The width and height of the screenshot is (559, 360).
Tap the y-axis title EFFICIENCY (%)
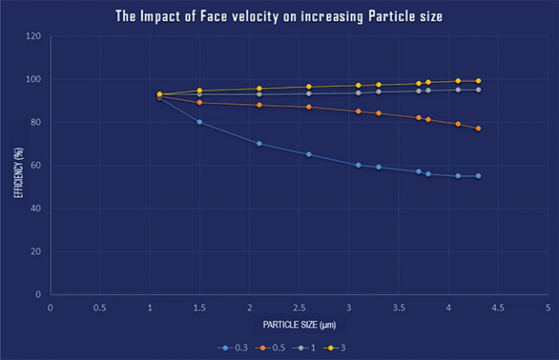(15, 165)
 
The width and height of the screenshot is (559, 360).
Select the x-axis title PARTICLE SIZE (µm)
(298, 324)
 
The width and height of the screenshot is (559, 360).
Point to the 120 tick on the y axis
(35, 36)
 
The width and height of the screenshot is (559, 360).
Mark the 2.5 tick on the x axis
(299, 307)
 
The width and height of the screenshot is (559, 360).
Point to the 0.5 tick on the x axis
(100, 307)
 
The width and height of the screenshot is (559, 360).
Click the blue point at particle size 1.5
(199, 123)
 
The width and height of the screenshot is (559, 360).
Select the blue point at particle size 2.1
(259, 144)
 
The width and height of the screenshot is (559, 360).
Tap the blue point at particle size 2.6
(309, 154)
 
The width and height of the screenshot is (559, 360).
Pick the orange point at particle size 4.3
(478, 128)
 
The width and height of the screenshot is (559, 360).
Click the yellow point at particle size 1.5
(199, 90)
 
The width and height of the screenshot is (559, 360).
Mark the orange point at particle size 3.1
(359, 111)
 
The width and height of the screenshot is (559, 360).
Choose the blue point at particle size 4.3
(478, 176)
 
